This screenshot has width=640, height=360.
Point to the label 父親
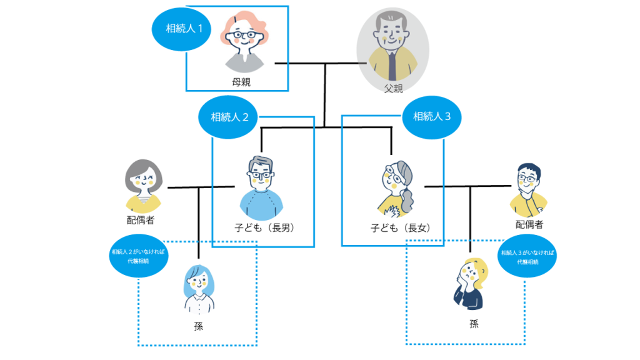pyautogui.click(x=393, y=88)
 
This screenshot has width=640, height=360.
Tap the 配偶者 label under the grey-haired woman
pyautogui.click(x=141, y=220)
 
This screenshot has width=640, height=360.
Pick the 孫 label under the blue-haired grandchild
pyautogui.click(x=198, y=326)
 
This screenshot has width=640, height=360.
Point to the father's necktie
pyautogui.click(x=391, y=62)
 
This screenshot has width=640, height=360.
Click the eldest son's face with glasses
pyautogui.click(x=261, y=176)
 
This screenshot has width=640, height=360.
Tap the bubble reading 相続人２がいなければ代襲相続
pyautogui.click(x=138, y=256)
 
